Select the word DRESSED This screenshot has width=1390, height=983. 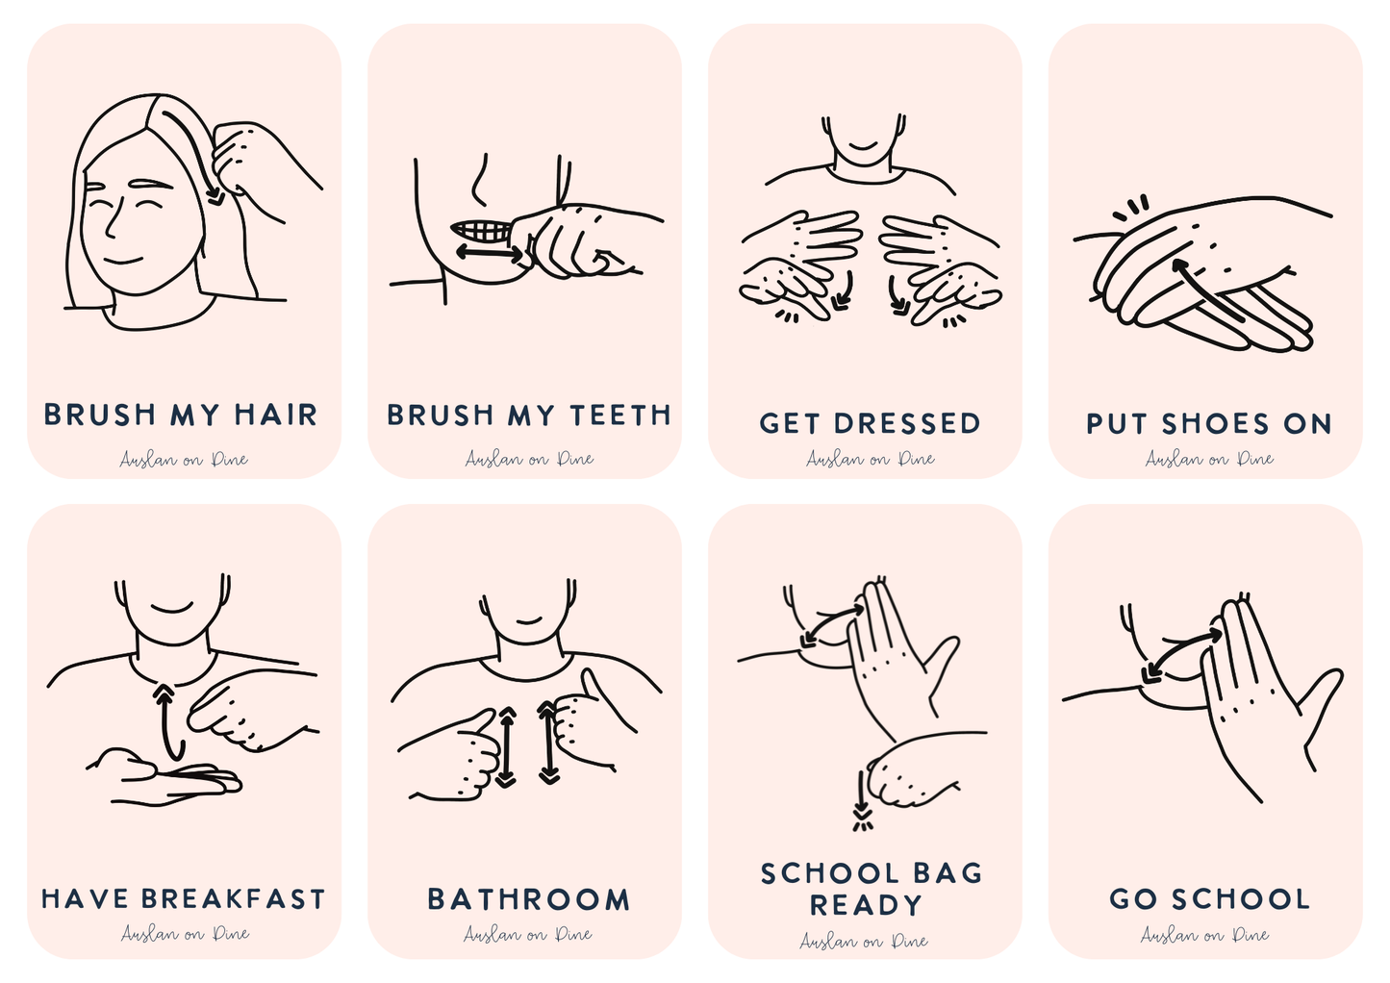coord(907,423)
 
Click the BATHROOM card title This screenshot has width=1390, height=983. coord(528,899)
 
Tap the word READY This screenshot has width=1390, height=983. coord(865,905)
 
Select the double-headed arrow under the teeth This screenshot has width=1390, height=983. coord(491,254)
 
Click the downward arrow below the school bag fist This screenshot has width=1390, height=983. coord(861,796)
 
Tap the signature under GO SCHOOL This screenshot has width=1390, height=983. coord(1204,934)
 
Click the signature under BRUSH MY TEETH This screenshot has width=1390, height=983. coord(528,459)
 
